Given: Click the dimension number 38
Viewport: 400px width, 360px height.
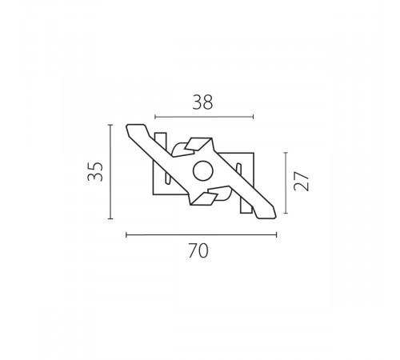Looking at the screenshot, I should pos(204,102).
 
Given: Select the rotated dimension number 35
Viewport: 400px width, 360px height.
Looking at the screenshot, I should pos(96,171).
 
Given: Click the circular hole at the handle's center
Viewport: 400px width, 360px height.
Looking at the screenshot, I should pos(202,170).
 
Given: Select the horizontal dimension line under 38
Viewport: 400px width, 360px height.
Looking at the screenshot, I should pos(204,117).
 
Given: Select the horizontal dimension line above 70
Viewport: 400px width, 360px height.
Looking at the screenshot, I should pos(202,234).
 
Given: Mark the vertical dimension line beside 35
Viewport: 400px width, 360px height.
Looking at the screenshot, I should pos(110,171).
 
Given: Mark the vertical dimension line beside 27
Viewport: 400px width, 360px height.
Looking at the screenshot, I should pos(286,182).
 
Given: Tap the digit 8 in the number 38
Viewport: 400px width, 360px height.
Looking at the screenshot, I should pos(210,102).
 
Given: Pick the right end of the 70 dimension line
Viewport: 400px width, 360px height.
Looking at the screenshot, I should pos(277,234).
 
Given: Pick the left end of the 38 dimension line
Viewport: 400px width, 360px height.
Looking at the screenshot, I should pos(154,117).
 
